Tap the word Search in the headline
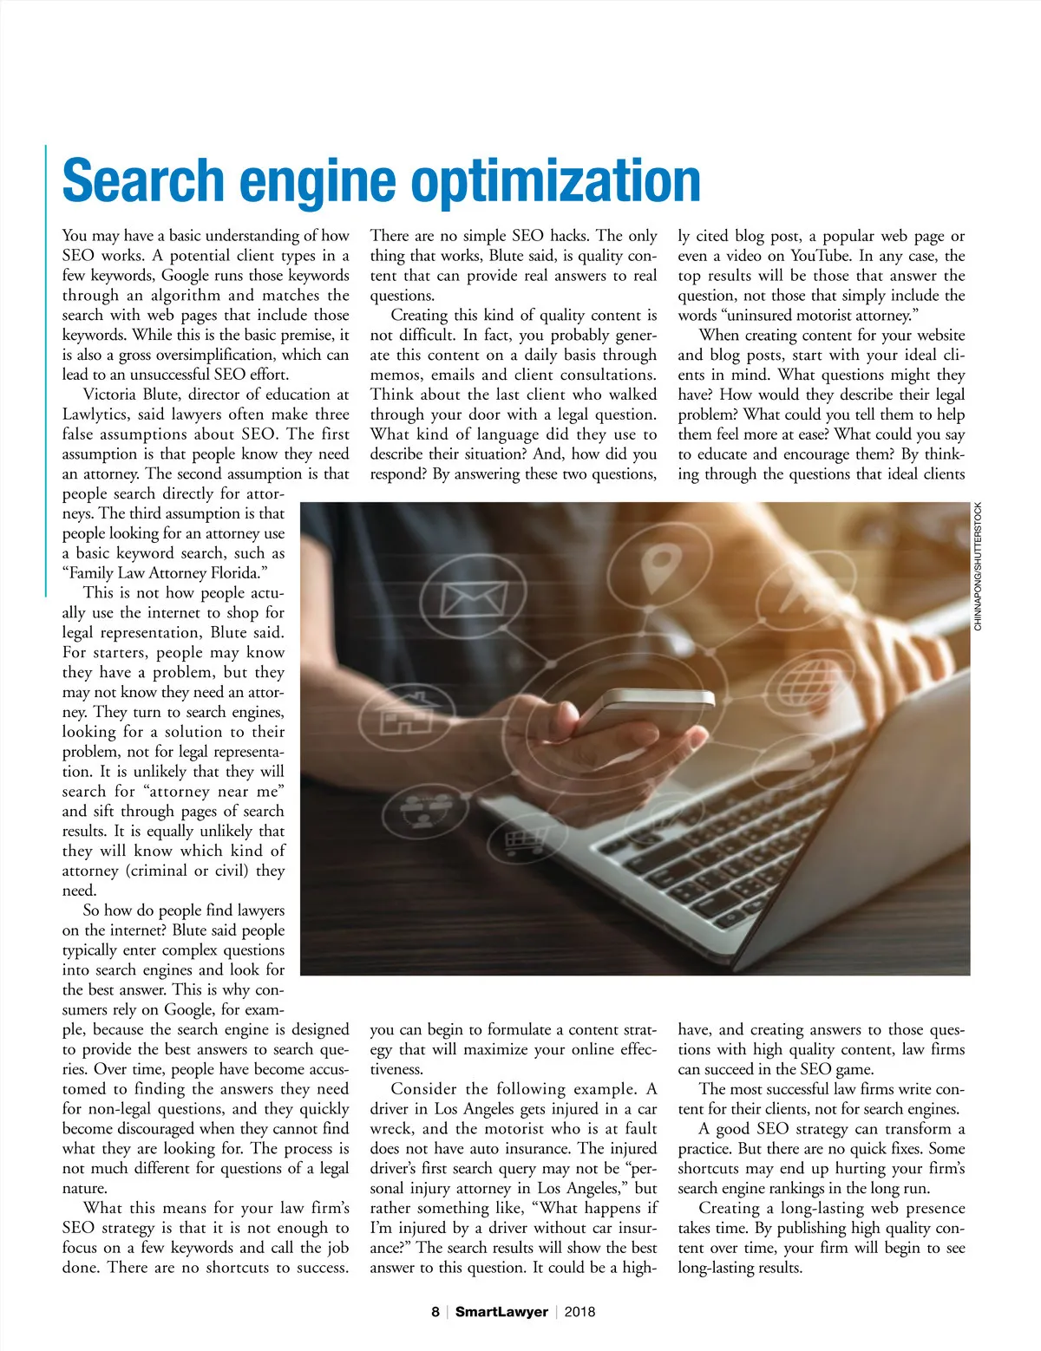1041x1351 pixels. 143,180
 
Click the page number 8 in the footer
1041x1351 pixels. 435,1312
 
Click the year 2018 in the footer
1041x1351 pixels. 579,1312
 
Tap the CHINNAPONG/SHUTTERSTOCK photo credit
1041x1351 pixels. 978,566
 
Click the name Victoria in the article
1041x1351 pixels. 110,395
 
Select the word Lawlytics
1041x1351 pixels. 95,414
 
